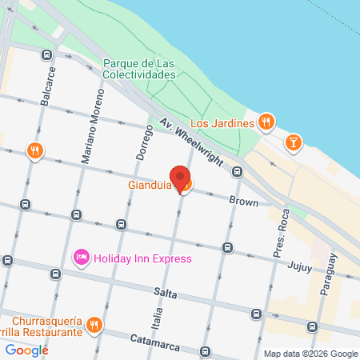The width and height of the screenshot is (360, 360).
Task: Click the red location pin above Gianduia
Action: coord(180,178)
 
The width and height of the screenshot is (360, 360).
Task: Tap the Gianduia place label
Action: coord(150,186)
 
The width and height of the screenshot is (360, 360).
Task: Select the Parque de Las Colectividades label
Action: coord(139,69)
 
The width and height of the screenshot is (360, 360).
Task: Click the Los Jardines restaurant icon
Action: coord(267,122)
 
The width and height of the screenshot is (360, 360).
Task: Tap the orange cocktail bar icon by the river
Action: coord(294,142)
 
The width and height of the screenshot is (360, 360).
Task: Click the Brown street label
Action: coord(244,202)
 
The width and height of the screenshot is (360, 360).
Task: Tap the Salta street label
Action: coord(166,294)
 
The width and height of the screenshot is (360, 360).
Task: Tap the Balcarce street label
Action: coord(51,82)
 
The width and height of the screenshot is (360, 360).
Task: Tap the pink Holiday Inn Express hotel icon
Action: coord(81,258)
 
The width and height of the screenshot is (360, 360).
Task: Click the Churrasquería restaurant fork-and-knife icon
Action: coord(94,324)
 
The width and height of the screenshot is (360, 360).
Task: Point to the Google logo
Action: coord(26,350)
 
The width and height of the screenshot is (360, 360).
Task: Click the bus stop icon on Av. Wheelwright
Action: coord(237,172)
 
